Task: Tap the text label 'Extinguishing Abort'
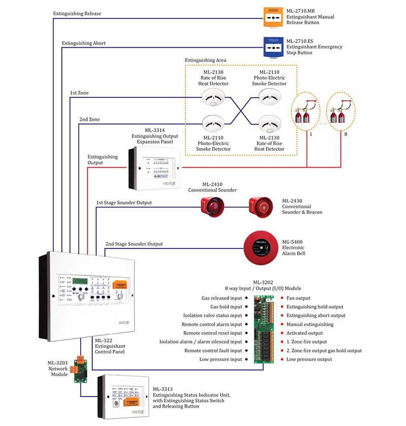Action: (84, 43)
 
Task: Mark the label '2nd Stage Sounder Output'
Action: (134, 244)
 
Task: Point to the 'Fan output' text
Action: (298, 298)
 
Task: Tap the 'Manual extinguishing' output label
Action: (310, 324)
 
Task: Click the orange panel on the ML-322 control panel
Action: (122, 286)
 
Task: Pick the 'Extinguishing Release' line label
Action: (78, 13)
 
